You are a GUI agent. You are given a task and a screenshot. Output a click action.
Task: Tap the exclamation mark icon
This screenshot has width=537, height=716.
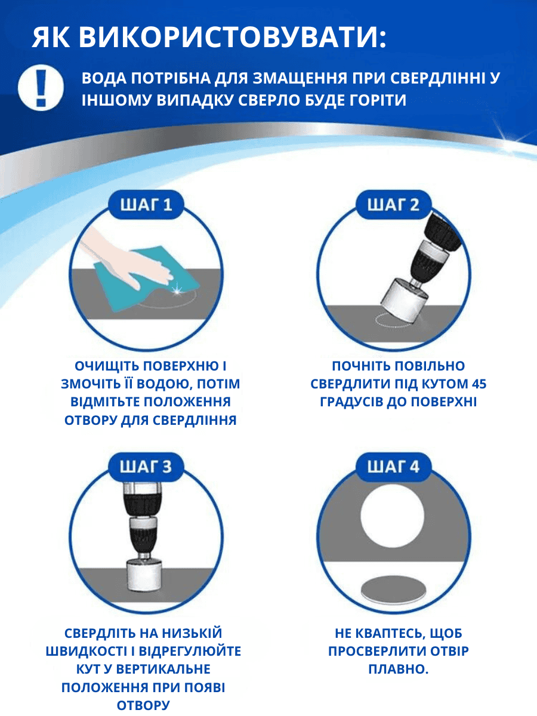[41, 88]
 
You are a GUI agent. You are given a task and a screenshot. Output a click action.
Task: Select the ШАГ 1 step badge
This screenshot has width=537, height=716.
[146, 205]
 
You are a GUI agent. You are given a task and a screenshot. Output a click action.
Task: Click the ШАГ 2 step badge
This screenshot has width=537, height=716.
[394, 205]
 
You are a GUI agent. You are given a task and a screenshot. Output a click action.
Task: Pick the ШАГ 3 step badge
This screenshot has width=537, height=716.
[146, 467]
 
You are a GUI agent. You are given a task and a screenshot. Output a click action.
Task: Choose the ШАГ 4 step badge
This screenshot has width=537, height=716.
[394, 467]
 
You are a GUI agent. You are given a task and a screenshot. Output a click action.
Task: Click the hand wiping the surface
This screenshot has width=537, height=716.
[131, 258]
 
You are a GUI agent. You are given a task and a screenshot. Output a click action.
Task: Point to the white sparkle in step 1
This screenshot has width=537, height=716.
[177, 289]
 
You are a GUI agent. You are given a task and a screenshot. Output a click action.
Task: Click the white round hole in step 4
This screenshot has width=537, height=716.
[392, 516]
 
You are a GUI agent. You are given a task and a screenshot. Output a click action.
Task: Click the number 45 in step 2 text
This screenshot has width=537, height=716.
[479, 384]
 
